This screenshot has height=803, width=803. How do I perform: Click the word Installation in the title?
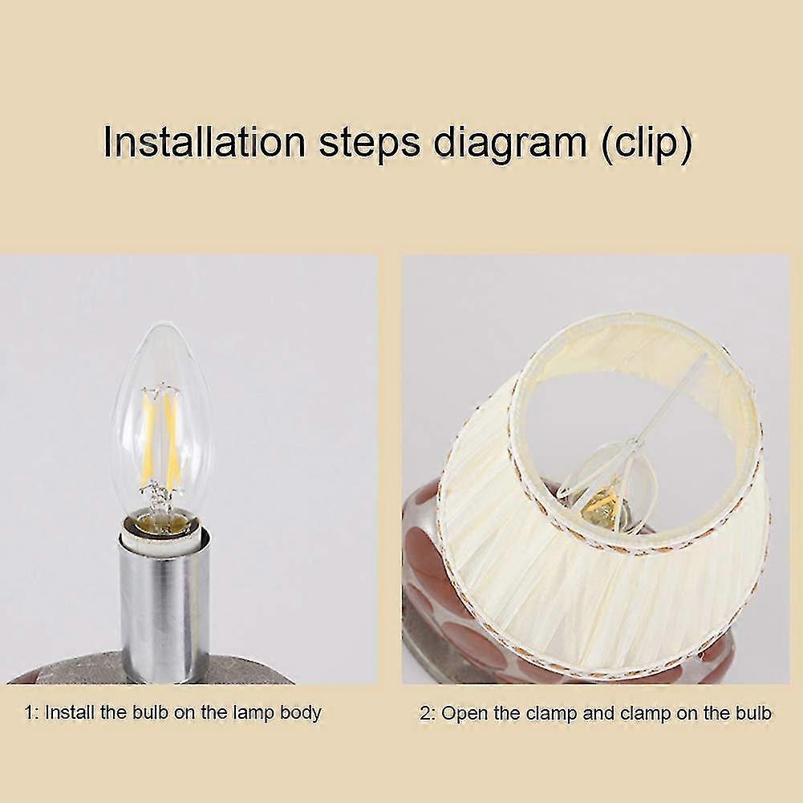[x=204, y=144]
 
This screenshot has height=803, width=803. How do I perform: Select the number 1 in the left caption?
[x=30, y=712]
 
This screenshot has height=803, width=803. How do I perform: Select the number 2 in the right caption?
[x=424, y=712]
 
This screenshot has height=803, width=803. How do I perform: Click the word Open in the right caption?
[x=462, y=712]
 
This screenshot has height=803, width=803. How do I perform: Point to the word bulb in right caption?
[x=752, y=712]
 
